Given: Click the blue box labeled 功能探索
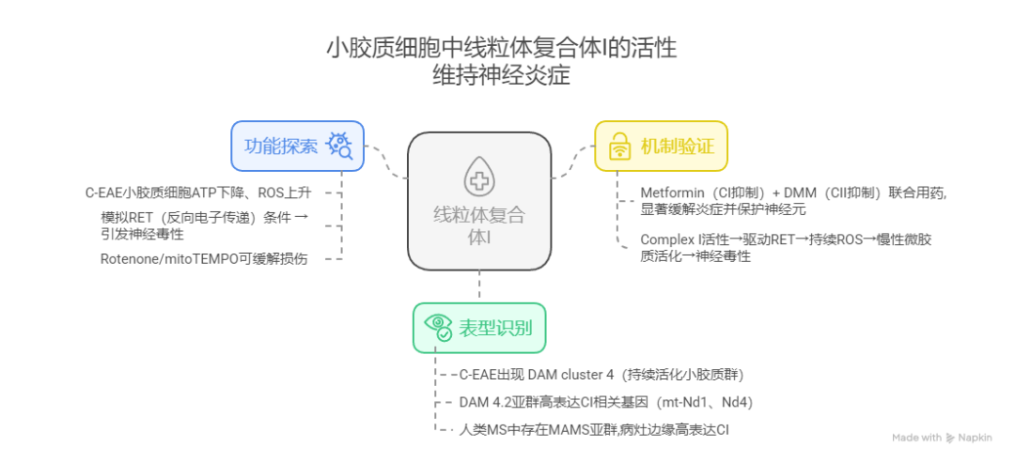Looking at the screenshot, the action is (x=298, y=147).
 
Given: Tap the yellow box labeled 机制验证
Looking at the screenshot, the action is (x=662, y=147).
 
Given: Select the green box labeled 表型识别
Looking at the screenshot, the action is (x=479, y=328).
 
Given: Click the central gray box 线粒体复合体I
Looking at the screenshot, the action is (x=479, y=201).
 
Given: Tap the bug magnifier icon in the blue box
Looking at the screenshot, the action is (x=340, y=147).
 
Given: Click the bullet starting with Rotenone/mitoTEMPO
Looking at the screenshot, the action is (x=204, y=259).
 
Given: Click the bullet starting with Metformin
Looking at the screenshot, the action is (x=793, y=200).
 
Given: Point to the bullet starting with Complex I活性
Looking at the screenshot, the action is (x=786, y=248).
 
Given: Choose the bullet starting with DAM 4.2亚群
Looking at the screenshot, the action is (x=606, y=402).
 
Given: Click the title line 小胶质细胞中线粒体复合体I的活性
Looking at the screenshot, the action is (x=501, y=49).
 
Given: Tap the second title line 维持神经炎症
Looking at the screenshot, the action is (x=502, y=76).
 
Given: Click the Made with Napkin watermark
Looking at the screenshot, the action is (x=942, y=438).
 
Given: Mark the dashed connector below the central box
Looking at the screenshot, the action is (x=479, y=286).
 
